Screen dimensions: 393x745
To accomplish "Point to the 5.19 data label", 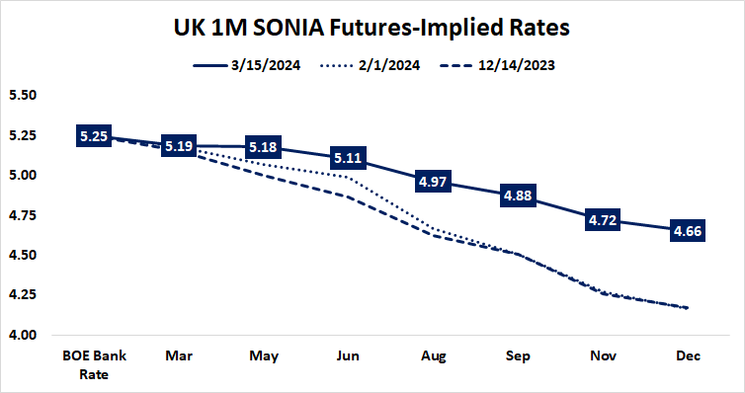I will pyautogui.click(x=179, y=146).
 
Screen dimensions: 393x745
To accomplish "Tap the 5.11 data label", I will pyautogui.click(x=348, y=158).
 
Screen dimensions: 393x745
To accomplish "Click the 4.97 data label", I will pyautogui.click(x=432, y=181).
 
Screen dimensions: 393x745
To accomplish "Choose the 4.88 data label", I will pyautogui.click(x=517, y=195).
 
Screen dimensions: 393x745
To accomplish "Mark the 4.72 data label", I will pyautogui.click(x=602, y=220).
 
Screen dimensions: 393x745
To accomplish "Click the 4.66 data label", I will pyautogui.click(x=686, y=230).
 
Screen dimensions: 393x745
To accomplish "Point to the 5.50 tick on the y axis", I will pyautogui.click(x=22, y=96).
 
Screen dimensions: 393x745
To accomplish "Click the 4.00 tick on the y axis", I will pyautogui.click(x=22, y=336).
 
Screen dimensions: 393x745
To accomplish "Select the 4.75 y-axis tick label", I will pyautogui.click(x=22, y=215).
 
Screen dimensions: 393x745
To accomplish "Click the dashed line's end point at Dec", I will pyautogui.click(x=686, y=308).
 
